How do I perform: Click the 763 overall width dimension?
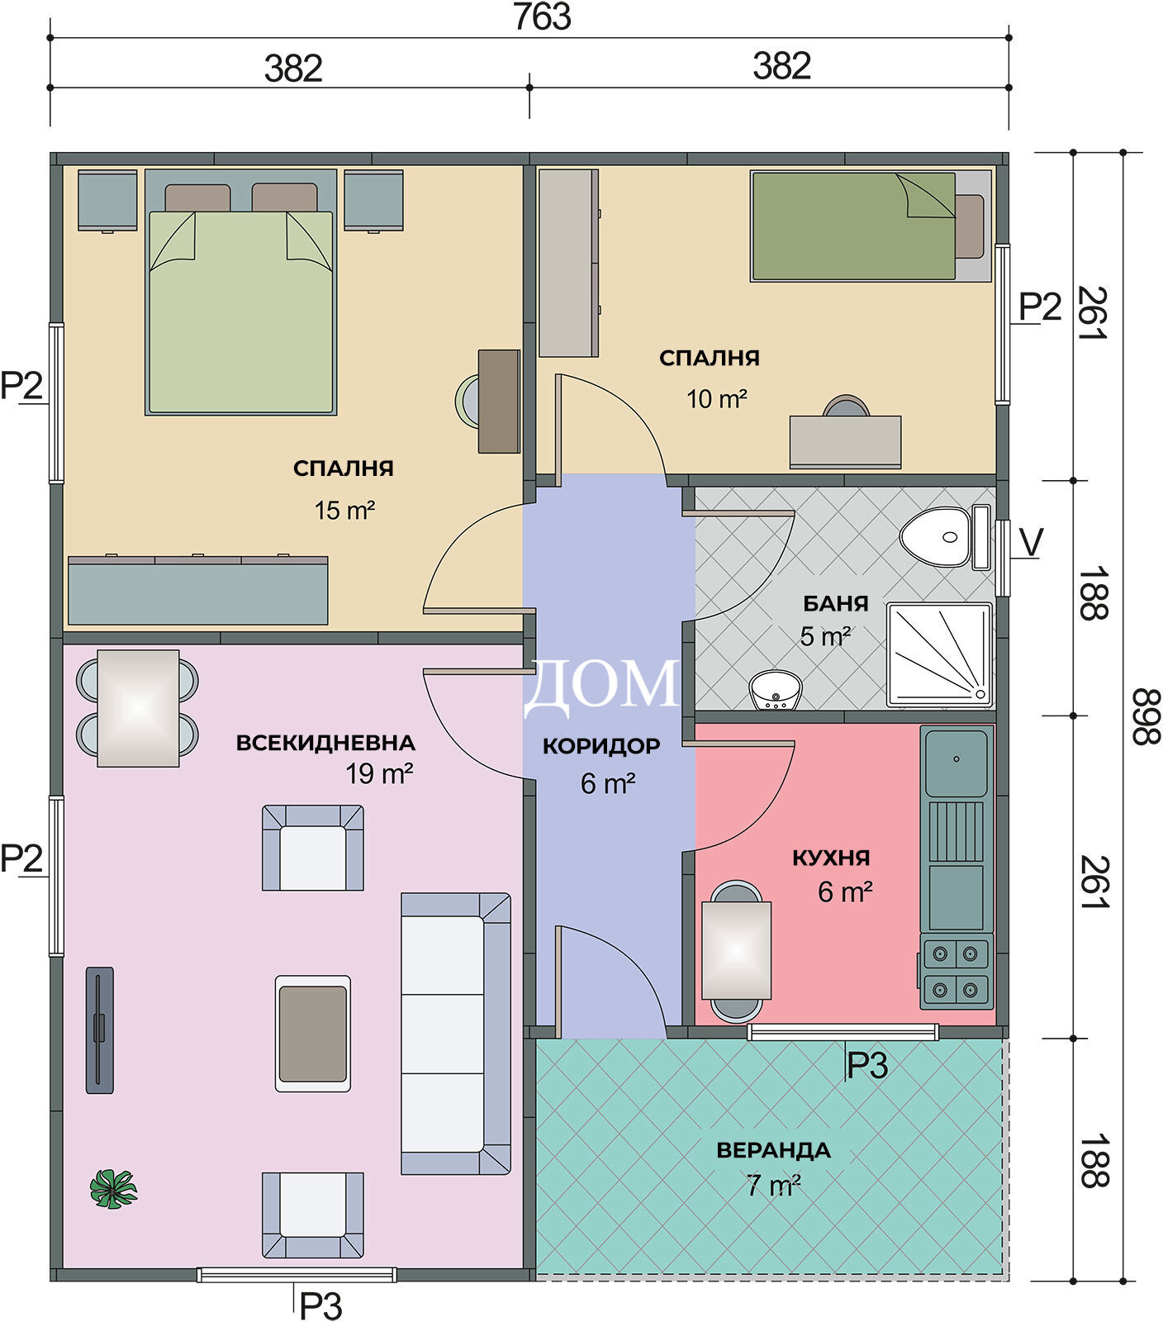[542, 17]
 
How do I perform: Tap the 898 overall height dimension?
[1146, 716]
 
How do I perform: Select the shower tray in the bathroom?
[939, 655]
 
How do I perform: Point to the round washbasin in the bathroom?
[776, 691]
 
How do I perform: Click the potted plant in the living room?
[114, 1189]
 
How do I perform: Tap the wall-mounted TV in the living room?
[100, 1030]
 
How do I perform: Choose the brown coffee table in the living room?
[313, 1034]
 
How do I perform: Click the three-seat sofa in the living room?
[455, 1033]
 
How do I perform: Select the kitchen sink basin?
[957, 762]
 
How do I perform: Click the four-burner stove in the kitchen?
[957, 972]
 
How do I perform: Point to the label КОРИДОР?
[601, 746]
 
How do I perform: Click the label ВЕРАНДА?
[773, 1150]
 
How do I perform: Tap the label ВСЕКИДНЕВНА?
[325, 743]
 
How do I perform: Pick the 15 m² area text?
[344, 510]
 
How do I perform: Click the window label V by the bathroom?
[1032, 543]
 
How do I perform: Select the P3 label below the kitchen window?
[867, 1066]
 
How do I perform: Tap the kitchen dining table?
[736, 950]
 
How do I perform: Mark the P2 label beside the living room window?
[21, 858]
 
